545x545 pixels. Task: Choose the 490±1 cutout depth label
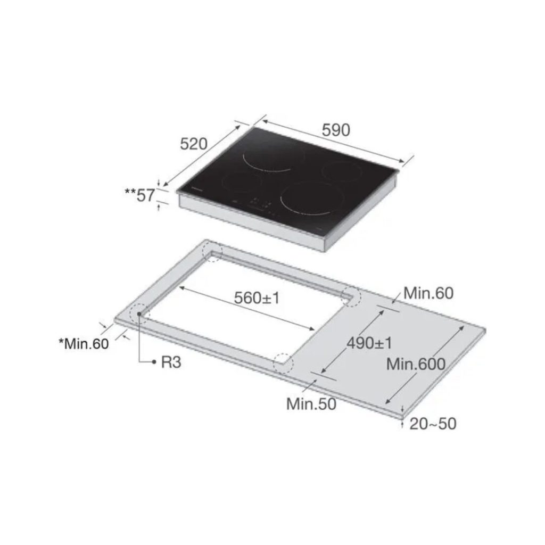click(x=369, y=343)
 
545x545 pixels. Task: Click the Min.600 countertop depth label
click(x=415, y=364)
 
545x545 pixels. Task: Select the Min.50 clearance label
click(x=311, y=404)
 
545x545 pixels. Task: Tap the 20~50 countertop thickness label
click(x=433, y=424)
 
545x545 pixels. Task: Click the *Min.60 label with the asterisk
click(x=84, y=343)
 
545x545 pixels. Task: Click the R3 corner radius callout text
click(x=171, y=362)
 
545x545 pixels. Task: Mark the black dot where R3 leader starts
click(x=139, y=314)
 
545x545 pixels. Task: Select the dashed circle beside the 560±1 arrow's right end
click(x=350, y=296)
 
